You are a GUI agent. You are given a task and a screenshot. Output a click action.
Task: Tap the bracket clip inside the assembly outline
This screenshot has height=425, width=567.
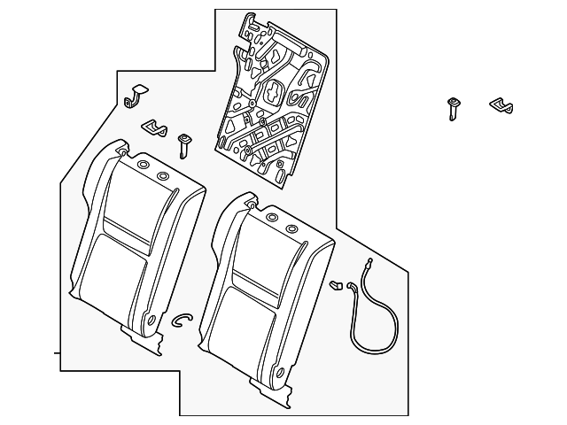pos(156,128)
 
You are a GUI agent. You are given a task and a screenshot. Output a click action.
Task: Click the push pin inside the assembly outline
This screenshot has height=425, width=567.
pos(184,143)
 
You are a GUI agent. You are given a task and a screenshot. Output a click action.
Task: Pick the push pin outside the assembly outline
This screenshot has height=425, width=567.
pos(454,108)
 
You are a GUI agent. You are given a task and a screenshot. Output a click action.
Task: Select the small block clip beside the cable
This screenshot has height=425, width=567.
pos(337,285)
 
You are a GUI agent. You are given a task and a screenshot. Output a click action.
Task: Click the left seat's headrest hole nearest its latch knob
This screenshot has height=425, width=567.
pos(143,165)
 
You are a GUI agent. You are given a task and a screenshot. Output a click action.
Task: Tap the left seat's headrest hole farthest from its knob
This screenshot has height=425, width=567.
pos(163,176)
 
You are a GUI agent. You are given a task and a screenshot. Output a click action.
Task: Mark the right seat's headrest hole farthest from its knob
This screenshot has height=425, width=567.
pos(291,228)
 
